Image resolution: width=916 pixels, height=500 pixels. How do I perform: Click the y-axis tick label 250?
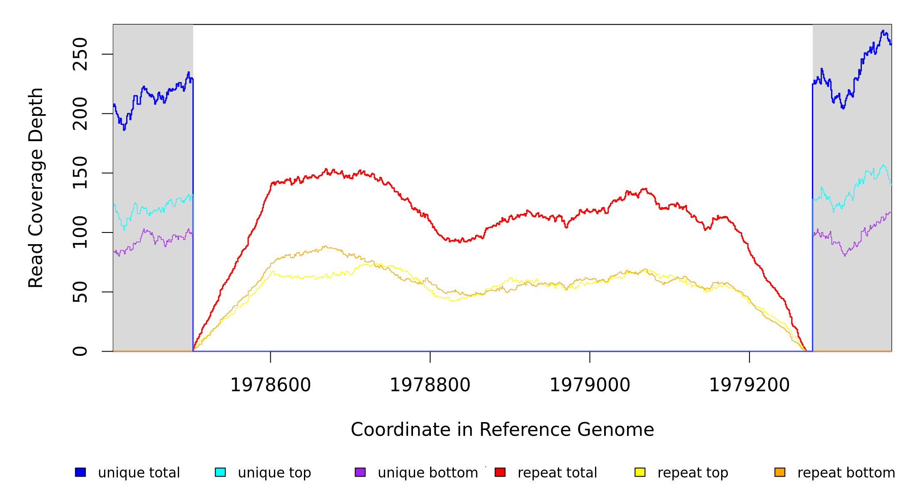click(x=80, y=54)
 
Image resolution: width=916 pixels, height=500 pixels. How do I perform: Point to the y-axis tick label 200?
click(x=80, y=114)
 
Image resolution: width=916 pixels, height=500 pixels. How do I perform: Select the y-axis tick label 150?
click(x=80, y=173)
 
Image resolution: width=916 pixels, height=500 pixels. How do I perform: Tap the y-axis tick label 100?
click(x=80, y=232)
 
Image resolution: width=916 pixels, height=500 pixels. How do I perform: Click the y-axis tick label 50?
click(x=80, y=292)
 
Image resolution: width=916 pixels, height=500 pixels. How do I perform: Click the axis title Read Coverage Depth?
click(x=36, y=187)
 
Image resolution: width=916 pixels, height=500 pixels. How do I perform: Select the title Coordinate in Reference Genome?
click(x=502, y=430)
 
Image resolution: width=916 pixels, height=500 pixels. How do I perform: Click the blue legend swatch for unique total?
click(x=80, y=472)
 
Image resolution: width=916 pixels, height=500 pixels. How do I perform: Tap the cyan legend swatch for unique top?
click(x=220, y=472)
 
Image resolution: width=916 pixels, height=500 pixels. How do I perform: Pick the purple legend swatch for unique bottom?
click(x=360, y=472)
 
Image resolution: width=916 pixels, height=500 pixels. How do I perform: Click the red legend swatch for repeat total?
click(x=500, y=472)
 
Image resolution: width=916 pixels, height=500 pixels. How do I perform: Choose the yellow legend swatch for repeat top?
click(x=640, y=472)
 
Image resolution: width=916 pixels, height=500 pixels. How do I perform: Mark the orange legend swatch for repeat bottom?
click(x=780, y=472)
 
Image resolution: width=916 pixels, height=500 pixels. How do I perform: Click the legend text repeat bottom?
click(x=846, y=473)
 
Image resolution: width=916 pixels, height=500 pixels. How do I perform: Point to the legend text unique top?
click(x=274, y=473)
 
